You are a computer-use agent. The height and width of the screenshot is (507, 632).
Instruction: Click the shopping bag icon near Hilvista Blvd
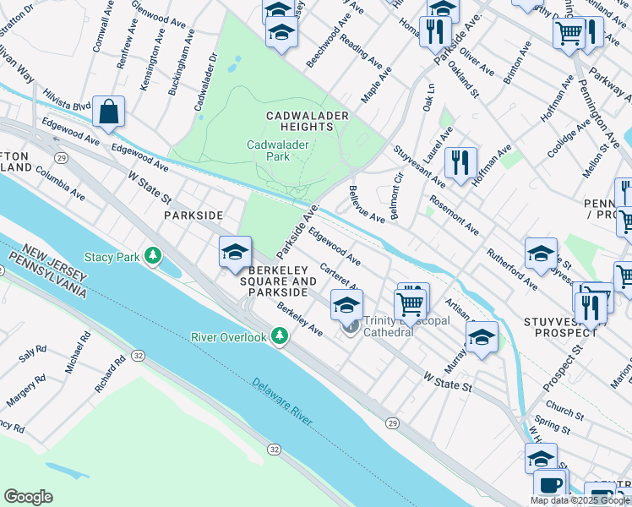click(109, 112)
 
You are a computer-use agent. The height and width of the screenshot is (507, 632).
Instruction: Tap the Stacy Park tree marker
click(153, 255)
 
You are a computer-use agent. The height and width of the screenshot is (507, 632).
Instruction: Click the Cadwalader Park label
click(278, 150)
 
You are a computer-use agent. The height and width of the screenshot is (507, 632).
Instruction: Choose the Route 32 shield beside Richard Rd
click(137, 357)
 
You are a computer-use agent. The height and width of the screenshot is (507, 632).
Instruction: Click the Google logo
click(28, 497)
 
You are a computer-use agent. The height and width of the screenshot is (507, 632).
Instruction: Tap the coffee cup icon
click(550, 485)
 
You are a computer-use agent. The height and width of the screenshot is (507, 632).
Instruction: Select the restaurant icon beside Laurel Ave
click(460, 161)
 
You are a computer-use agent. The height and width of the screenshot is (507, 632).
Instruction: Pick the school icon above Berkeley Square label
click(235, 252)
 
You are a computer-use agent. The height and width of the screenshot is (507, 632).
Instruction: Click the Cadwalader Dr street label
click(206, 82)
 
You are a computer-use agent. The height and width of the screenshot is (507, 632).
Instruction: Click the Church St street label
click(564, 415)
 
